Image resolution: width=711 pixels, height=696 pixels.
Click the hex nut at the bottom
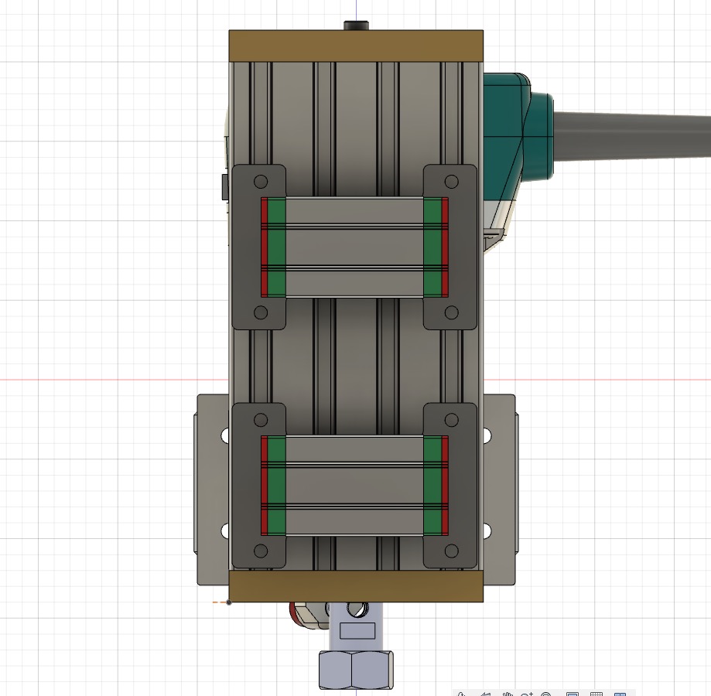coord(356,669)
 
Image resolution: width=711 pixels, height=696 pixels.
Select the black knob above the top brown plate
coord(356,25)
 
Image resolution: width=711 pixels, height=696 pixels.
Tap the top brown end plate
coord(356,46)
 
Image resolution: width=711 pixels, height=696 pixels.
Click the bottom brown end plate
coord(356,587)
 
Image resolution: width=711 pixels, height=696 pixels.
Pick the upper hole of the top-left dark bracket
coord(261,181)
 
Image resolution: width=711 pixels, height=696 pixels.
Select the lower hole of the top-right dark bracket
coord(451,312)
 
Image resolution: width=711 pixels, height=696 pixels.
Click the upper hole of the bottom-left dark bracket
coord(261,419)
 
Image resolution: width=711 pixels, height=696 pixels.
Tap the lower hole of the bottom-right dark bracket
coord(451,551)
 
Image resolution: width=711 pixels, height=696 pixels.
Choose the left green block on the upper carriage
coord(276,247)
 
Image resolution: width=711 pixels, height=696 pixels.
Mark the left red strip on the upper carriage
coord(264,247)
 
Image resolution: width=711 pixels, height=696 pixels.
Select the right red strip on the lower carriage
coord(445,486)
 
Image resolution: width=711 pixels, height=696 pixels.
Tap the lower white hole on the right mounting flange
coord(487,531)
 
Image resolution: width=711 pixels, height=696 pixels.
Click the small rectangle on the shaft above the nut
coord(357,631)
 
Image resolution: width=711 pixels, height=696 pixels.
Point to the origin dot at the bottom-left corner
coord(228,602)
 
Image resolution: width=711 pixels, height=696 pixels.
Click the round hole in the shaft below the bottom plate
coord(356,611)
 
